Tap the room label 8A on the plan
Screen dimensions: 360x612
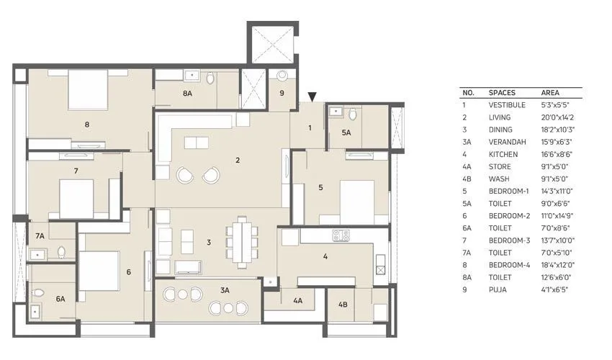click(187, 93)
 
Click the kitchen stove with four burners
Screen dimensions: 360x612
click(341, 235)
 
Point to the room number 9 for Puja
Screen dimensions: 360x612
click(282, 93)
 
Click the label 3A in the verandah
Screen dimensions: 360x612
click(225, 290)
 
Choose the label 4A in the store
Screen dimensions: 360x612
click(297, 301)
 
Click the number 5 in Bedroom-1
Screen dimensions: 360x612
click(320, 188)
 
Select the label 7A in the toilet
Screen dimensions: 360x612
click(40, 235)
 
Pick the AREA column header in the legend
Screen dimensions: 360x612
click(550, 93)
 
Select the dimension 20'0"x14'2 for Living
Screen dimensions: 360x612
click(557, 117)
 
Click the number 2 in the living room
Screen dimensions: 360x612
click(237, 160)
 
